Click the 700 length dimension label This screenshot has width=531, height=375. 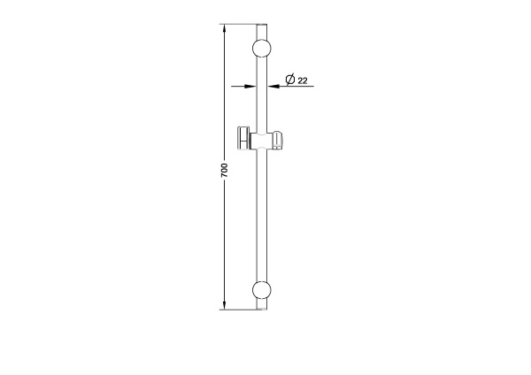point(224,170)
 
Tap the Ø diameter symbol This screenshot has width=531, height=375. point(290,80)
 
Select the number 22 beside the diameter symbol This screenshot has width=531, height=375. point(303,80)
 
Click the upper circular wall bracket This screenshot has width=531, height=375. point(262,48)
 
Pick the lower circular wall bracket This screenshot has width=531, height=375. point(262,290)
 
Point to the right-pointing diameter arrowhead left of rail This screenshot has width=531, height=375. point(250,87)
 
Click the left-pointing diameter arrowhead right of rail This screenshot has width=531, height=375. point(273,87)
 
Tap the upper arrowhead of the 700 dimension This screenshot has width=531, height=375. point(224,31)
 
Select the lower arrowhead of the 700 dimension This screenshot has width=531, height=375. point(224,302)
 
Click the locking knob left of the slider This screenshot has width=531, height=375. point(242,138)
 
